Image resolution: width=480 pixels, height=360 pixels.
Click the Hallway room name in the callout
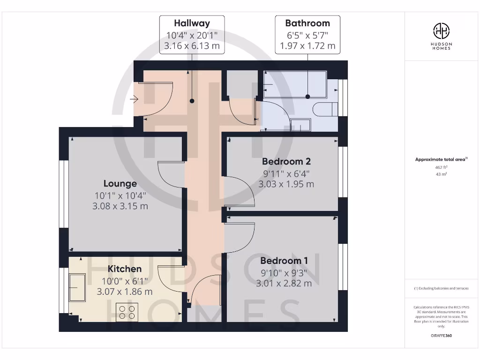pos(192,23)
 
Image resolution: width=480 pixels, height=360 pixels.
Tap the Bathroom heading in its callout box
pos(307,23)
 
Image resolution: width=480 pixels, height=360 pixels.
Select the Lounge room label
pos(120,184)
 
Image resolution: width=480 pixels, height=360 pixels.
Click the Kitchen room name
pos(125,269)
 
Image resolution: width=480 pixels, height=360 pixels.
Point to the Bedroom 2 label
pos(286,162)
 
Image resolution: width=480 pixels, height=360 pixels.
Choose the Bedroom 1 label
pos(284,261)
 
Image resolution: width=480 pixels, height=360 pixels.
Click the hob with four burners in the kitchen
pos(127,312)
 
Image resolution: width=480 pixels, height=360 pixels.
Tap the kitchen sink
pos(77,287)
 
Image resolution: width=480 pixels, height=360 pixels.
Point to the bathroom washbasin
pos(300,125)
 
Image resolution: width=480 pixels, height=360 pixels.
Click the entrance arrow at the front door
pos(134,99)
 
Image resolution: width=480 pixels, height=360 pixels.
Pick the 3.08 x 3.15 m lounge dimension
pos(120,206)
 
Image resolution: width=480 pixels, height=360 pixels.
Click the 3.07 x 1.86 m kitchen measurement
pos(125,292)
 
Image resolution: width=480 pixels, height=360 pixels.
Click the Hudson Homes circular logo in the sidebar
pos(441,31)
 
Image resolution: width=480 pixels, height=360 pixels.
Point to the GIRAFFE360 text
pos(441,336)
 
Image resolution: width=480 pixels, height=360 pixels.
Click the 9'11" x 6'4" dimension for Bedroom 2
pos(286,173)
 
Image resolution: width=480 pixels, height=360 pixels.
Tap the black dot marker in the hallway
pos(192,101)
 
